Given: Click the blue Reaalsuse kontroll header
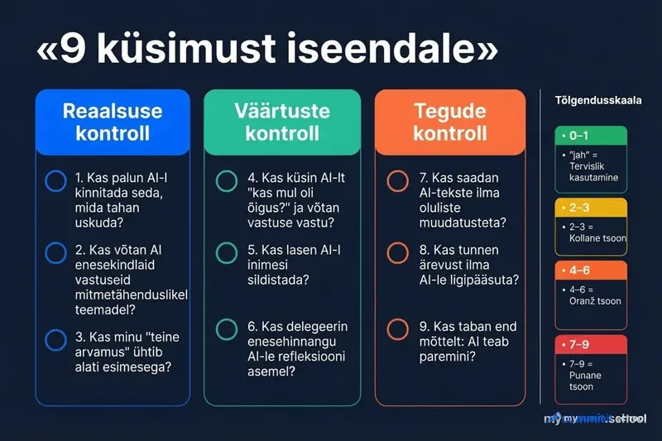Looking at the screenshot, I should click(113, 122).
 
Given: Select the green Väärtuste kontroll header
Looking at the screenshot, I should click(282, 122).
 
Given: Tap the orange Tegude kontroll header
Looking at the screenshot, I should click(450, 122).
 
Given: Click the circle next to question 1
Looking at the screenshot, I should click(56, 181).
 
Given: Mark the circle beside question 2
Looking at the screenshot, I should click(56, 253).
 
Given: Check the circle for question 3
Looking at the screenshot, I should click(56, 339).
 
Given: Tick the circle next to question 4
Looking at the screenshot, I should click(227, 181).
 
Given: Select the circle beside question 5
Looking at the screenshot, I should click(227, 253).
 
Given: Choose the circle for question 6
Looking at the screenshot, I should click(227, 329).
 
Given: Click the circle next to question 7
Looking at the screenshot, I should click(398, 181).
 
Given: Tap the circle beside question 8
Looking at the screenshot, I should click(398, 253).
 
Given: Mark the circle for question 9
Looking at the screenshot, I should click(398, 329).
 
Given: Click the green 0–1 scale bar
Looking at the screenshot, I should click(591, 135).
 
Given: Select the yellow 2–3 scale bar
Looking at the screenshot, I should click(591, 208).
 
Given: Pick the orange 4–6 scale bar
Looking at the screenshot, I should click(591, 271).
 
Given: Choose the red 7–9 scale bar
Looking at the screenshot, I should click(591, 343).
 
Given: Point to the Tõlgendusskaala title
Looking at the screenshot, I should click(597, 100).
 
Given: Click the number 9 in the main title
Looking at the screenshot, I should click(72, 51).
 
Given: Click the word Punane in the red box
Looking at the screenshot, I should click(587, 375).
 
